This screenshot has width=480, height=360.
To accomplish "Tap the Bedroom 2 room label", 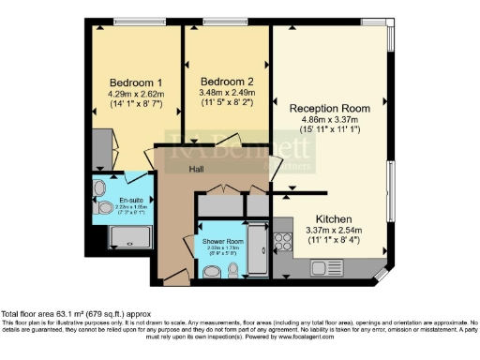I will pyautogui.click(x=226, y=81).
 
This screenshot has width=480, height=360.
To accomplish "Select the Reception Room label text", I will pyautogui.click(x=329, y=109).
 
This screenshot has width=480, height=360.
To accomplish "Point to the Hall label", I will pyautogui.click(x=196, y=171).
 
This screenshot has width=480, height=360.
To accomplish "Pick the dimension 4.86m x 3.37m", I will pyautogui.click(x=329, y=120).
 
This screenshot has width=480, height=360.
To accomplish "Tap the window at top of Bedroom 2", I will pyautogui.click(x=220, y=22).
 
